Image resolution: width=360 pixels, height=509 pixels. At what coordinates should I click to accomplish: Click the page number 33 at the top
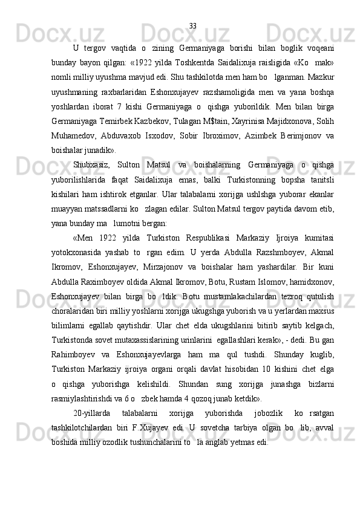coord(193,26)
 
